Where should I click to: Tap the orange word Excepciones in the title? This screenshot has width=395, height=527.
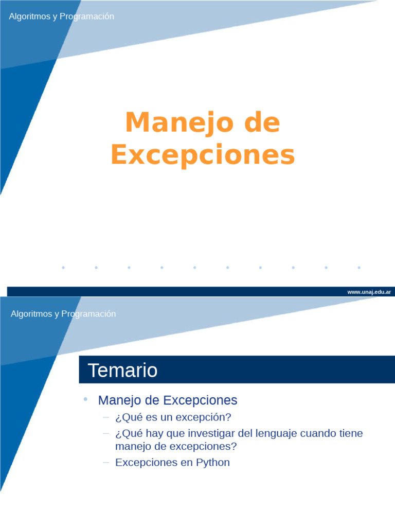pos(203,155)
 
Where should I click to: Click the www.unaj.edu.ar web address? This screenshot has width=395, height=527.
pos(369,292)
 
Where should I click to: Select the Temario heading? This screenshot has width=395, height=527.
pos(122,370)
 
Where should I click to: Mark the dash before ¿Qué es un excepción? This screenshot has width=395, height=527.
pos(106,416)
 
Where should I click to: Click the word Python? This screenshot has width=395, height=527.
pos(213,462)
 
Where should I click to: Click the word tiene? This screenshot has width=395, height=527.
pos(351,433)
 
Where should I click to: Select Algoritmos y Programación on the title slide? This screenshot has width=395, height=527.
pos(61,16)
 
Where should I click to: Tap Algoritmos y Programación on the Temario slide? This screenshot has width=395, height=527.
pos(63,313)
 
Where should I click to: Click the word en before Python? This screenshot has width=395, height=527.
pos(186,462)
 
